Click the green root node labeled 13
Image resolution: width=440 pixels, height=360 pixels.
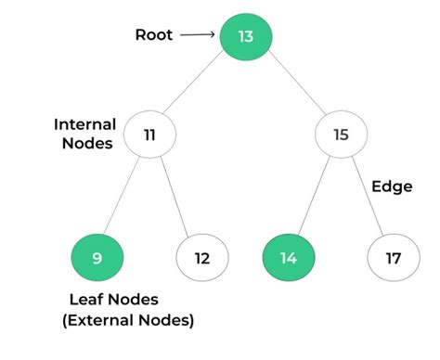245,36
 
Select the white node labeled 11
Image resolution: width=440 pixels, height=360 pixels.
149,135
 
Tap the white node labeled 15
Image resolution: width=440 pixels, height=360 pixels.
341,135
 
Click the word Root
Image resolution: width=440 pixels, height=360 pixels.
153,36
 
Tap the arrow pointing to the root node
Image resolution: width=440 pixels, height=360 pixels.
197,36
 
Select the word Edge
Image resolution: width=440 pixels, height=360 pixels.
392,185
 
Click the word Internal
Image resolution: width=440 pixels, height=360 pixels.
84,124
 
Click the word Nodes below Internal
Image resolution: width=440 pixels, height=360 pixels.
84,144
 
